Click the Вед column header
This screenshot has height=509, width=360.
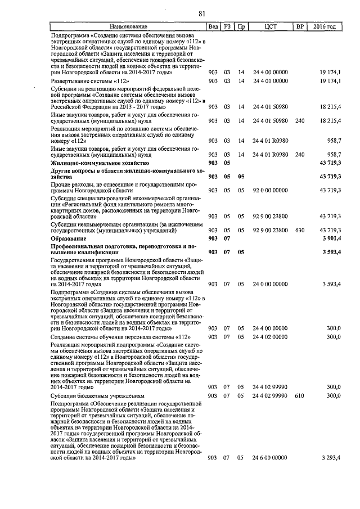click(213, 26)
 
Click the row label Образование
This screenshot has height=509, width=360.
click(67, 238)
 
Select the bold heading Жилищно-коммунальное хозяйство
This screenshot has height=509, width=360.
click(97, 162)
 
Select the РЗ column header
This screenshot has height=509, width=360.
click(227, 26)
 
